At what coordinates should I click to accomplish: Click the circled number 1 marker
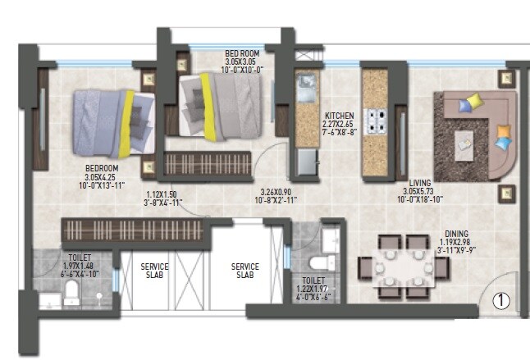[x=500, y=302]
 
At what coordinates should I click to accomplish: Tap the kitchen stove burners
[x=377, y=121]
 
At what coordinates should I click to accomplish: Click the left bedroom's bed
[x=112, y=121]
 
